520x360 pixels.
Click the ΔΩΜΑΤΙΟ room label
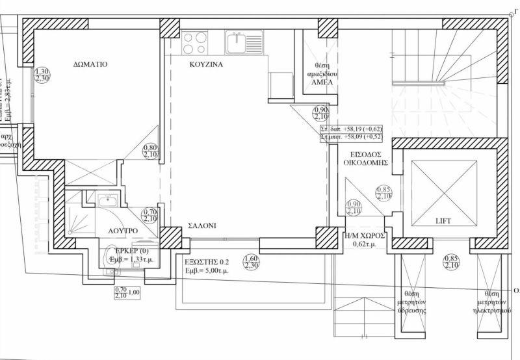(90, 65)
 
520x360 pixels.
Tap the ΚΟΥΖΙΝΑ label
(207, 65)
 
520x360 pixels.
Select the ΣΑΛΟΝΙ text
(202, 225)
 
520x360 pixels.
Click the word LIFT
(443, 222)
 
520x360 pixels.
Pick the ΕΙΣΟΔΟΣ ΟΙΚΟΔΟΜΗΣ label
(367, 159)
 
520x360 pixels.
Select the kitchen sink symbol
(244, 42)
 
